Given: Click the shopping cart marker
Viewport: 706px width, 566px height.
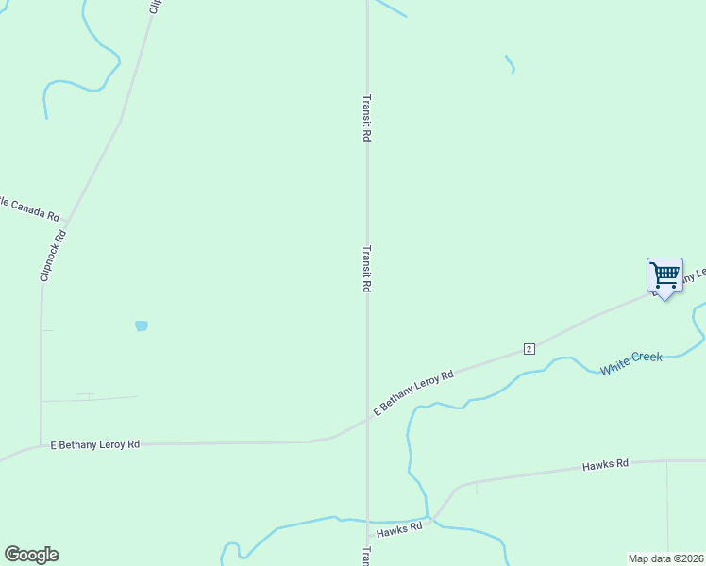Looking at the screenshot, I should coord(664,275).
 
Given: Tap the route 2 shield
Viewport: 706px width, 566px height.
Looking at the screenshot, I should coord(529,349).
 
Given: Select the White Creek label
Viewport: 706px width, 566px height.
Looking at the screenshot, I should coord(631,363).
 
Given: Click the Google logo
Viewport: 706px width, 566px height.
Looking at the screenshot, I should coord(31,555).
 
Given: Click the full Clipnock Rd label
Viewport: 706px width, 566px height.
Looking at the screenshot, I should coord(54,256).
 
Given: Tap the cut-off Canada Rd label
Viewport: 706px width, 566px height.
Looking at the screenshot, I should coord(29,208).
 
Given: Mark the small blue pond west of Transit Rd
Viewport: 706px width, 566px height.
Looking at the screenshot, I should coord(142,325).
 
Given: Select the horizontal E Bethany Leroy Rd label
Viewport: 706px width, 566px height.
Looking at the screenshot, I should coord(94,443).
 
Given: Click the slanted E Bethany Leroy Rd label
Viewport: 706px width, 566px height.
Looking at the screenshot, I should coord(413,393).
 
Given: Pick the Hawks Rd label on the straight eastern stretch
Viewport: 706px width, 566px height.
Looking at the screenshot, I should coord(605,465).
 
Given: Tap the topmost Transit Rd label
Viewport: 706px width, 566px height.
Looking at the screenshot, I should coord(366,118).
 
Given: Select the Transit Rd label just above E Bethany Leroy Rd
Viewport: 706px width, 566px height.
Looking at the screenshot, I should coord(366,269).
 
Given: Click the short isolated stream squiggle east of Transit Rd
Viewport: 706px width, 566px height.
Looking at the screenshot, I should coord(511,64).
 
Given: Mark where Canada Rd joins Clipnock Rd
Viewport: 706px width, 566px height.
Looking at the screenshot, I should coord(64,221).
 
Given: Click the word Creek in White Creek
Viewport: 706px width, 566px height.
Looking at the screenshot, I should coord(647,359).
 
